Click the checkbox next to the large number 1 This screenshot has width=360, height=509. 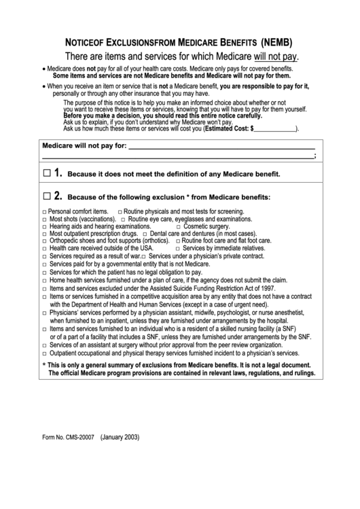(46, 173)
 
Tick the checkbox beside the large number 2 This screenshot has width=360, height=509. (46, 196)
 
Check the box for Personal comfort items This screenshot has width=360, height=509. (44, 212)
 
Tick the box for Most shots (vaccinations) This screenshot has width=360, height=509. (44, 220)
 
